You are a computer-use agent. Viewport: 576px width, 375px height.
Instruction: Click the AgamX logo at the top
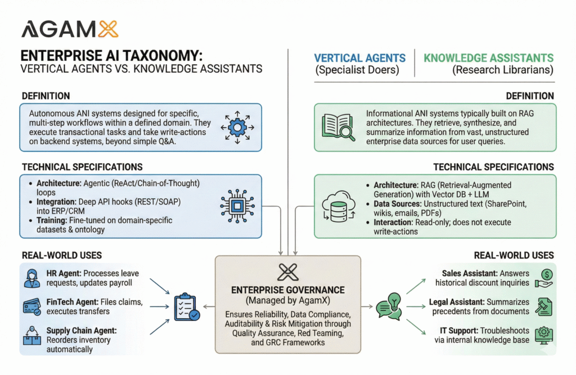[x=69, y=29]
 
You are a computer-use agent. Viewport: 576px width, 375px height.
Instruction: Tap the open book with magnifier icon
[x=337, y=127]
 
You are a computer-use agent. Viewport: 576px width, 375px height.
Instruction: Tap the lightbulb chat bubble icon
[x=389, y=307]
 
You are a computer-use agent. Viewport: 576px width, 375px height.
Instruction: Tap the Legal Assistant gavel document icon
[x=544, y=307]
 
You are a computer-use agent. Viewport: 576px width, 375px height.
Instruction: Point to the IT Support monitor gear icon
[x=544, y=336]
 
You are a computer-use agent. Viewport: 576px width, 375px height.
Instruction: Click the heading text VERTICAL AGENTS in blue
[x=359, y=58]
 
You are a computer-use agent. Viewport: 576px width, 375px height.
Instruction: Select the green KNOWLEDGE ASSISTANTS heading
[x=488, y=58]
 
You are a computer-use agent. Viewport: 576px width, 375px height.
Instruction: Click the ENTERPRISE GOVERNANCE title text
[x=287, y=289]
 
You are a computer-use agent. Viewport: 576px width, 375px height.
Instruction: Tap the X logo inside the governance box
[x=287, y=272]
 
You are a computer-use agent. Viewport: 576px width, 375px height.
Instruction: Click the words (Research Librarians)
[x=503, y=70]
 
